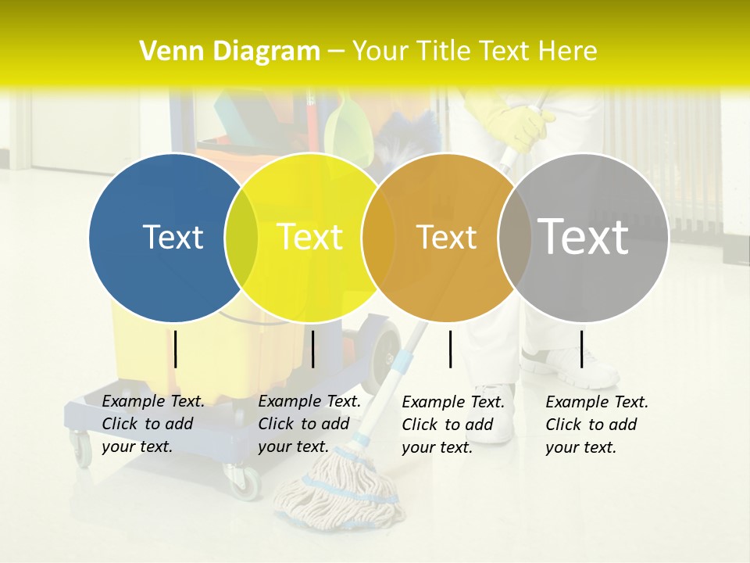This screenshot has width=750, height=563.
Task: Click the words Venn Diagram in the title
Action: click(230, 52)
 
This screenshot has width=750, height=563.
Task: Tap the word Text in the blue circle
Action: click(173, 237)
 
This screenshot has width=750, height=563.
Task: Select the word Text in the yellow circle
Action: click(309, 237)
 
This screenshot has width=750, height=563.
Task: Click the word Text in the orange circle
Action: click(446, 237)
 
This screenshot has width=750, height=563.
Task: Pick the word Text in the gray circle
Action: click(584, 237)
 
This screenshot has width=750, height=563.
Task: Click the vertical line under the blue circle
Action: click(175, 349)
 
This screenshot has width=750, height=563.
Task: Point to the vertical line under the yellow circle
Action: click(312, 349)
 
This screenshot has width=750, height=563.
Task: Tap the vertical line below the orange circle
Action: click(451, 349)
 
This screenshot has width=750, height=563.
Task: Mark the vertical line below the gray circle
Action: click(581, 349)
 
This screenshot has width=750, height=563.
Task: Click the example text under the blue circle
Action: click(153, 424)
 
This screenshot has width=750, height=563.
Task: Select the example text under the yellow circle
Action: click(309, 424)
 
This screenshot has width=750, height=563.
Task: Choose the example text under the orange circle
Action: click(453, 425)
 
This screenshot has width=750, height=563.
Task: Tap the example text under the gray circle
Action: click(597, 425)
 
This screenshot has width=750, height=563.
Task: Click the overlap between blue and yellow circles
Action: click(241, 237)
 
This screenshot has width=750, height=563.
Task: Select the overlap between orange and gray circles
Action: click(516, 237)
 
